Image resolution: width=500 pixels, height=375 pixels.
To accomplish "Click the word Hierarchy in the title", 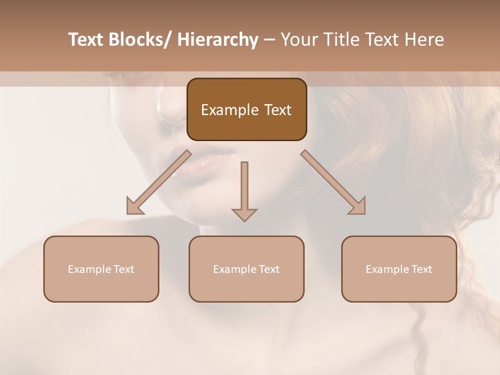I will (218, 40).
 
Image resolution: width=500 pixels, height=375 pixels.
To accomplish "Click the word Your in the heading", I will (298, 40).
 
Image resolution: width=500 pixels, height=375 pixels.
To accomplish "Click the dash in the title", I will (269, 40).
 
